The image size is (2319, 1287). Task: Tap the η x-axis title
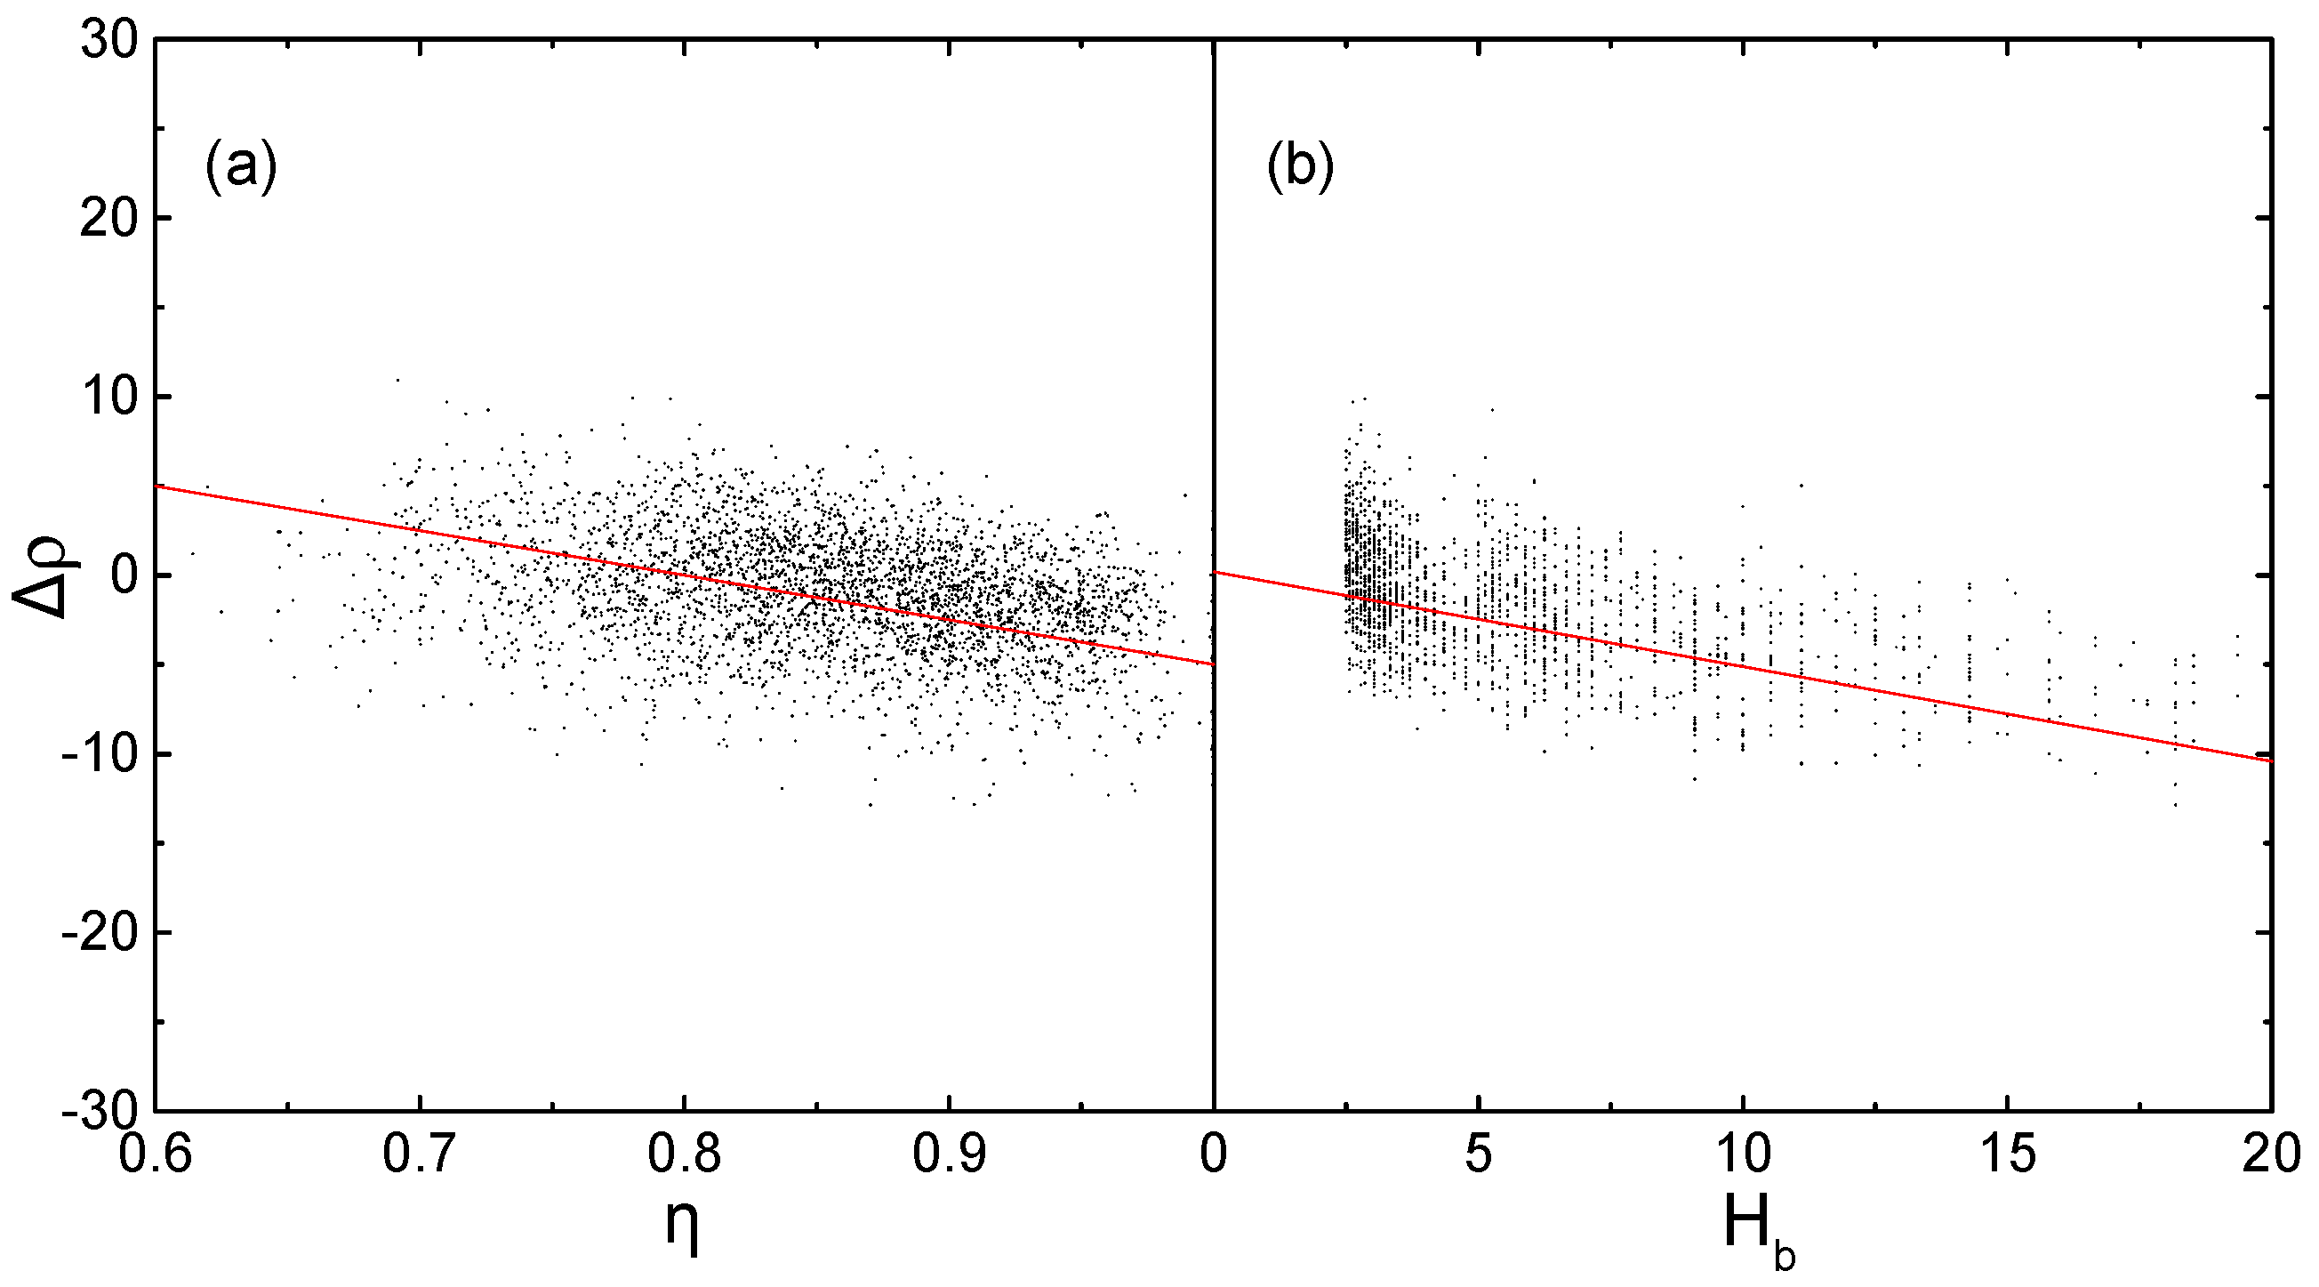coord(682,1227)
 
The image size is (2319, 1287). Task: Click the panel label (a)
coord(240,167)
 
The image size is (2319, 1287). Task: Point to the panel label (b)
coord(1300,167)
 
